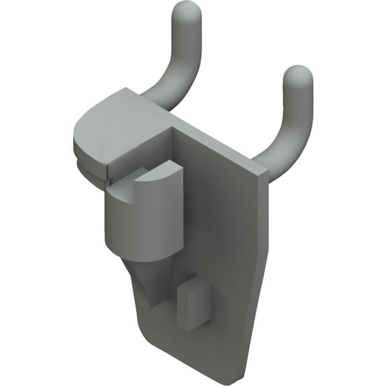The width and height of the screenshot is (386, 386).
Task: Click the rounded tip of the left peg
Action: [x=187, y=11]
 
